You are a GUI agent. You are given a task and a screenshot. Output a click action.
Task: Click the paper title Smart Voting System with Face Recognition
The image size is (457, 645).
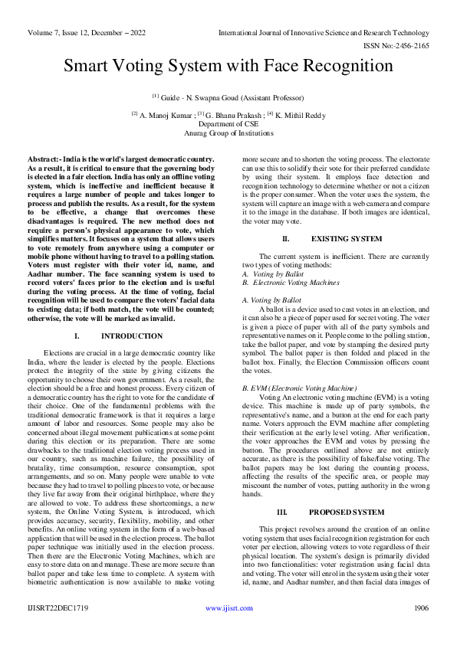point(228,66)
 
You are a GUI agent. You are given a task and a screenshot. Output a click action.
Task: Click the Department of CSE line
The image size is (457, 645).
point(228,123)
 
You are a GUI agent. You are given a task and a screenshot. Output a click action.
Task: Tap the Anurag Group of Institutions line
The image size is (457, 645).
point(228,133)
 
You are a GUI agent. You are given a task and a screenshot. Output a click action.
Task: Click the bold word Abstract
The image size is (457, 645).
point(44,158)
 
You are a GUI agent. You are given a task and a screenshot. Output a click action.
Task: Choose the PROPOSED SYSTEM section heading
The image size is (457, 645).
point(347,489)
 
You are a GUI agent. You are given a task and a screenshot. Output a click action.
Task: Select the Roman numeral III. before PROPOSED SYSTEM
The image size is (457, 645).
point(281,489)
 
